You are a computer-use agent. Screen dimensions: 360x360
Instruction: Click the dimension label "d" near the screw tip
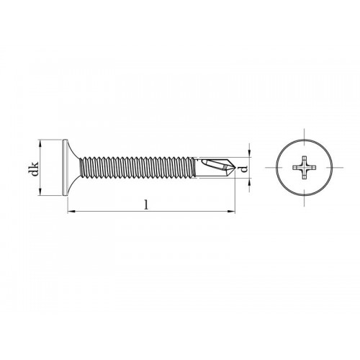pyautogui.click(x=244, y=170)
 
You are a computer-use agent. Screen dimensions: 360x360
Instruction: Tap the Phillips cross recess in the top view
pyautogui.click(x=302, y=170)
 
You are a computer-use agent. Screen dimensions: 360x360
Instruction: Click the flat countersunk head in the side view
pyautogui.click(x=69, y=170)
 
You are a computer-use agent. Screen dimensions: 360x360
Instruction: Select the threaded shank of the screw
pyautogui.click(x=144, y=170)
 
